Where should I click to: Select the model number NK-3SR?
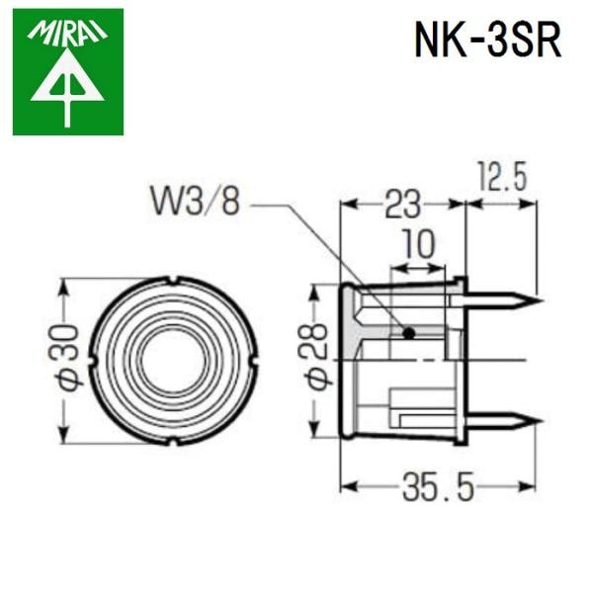click(486, 42)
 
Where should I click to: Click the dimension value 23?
click(401, 205)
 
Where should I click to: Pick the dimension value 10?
click(419, 244)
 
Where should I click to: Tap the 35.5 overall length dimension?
click(439, 486)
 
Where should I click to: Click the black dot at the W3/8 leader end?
click(408, 333)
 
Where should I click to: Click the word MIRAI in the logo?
click(68, 35)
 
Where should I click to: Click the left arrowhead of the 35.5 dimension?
click(346, 486)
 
